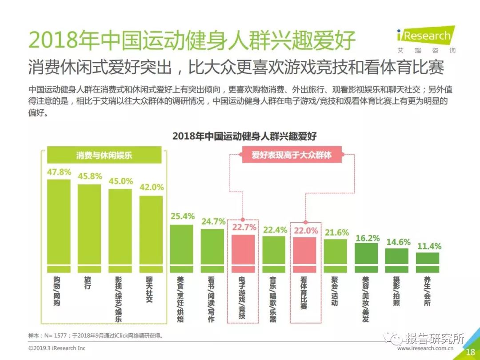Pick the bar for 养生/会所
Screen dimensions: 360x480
coord(428,262)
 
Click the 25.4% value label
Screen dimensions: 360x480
coord(183,216)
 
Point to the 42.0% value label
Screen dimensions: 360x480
coord(152,187)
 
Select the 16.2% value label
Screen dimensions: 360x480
coord(368,238)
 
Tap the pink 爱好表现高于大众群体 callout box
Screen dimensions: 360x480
coord(292,155)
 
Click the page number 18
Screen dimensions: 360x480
coord(470,352)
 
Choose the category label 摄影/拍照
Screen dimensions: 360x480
coord(396,291)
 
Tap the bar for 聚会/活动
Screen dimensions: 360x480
coord(336,256)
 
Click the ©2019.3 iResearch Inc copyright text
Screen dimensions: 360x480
coord(57,348)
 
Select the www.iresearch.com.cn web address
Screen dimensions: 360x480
coord(425,349)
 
